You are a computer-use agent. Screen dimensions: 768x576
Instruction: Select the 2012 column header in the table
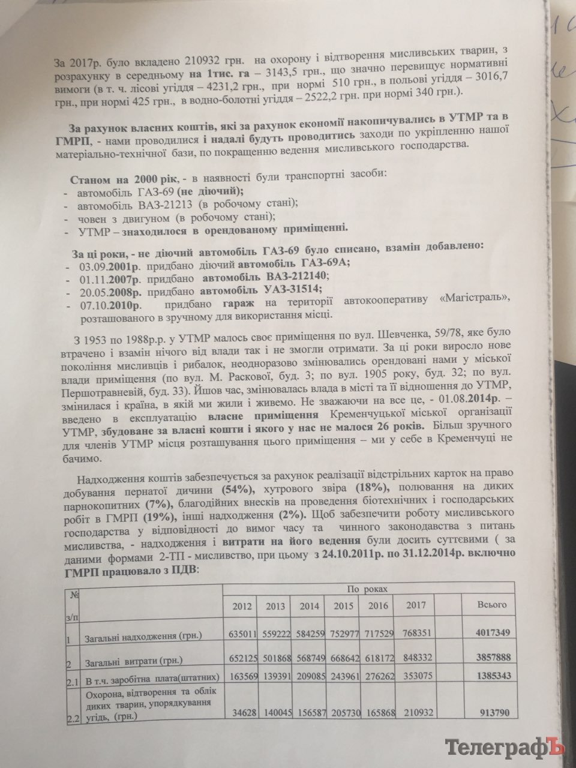pyautogui.click(x=238, y=605)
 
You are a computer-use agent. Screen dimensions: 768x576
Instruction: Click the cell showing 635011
pyautogui.click(x=238, y=634)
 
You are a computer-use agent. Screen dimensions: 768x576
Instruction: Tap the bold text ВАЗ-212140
pyautogui.click(x=286, y=277)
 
